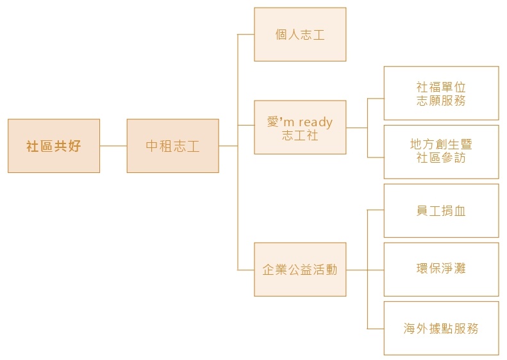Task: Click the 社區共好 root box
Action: pos(54,146)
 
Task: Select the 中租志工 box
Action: pos(172,146)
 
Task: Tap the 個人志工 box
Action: pos(300,34)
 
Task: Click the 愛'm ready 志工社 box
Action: pos(300,127)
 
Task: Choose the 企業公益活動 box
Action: pos(300,270)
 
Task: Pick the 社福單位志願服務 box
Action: pos(442,93)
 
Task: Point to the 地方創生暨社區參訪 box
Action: pos(442,152)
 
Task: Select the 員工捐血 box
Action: pos(442,211)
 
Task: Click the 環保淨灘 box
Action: pos(442,270)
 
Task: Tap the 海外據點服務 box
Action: pos(442,329)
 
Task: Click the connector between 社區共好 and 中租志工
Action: pos(113,146)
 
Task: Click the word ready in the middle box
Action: pos(315,122)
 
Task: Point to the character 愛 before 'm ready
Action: pos(273,122)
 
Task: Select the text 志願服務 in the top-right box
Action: pos(441,101)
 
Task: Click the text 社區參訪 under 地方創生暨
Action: pos(441,158)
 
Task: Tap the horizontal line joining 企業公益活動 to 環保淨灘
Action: pos(365,270)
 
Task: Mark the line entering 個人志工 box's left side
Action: pos(246,34)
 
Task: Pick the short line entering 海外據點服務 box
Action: pos(376,329)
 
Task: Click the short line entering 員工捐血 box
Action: pos(376,210)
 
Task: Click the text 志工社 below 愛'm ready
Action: pos(300,135)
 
